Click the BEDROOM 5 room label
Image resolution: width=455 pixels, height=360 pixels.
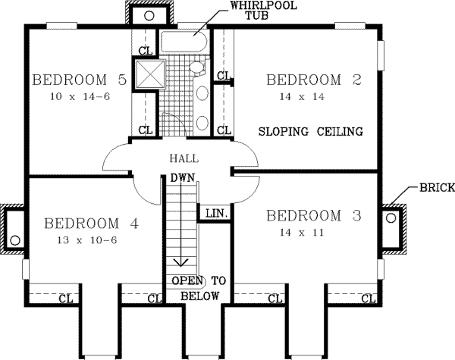tap(78, 79)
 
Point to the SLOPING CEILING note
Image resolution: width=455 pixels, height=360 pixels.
tap(310, 131)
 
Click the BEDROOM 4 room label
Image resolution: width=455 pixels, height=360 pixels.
tap(92, 224)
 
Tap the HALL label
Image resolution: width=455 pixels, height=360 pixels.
tap(184, 159)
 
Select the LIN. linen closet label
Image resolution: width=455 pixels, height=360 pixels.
tap(214, 214)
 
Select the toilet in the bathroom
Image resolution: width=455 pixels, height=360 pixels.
tap(197, 69)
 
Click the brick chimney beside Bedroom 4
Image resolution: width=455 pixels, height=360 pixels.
tap(13, 227)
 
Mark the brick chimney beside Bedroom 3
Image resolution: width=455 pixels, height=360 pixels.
tap(392, 227)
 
